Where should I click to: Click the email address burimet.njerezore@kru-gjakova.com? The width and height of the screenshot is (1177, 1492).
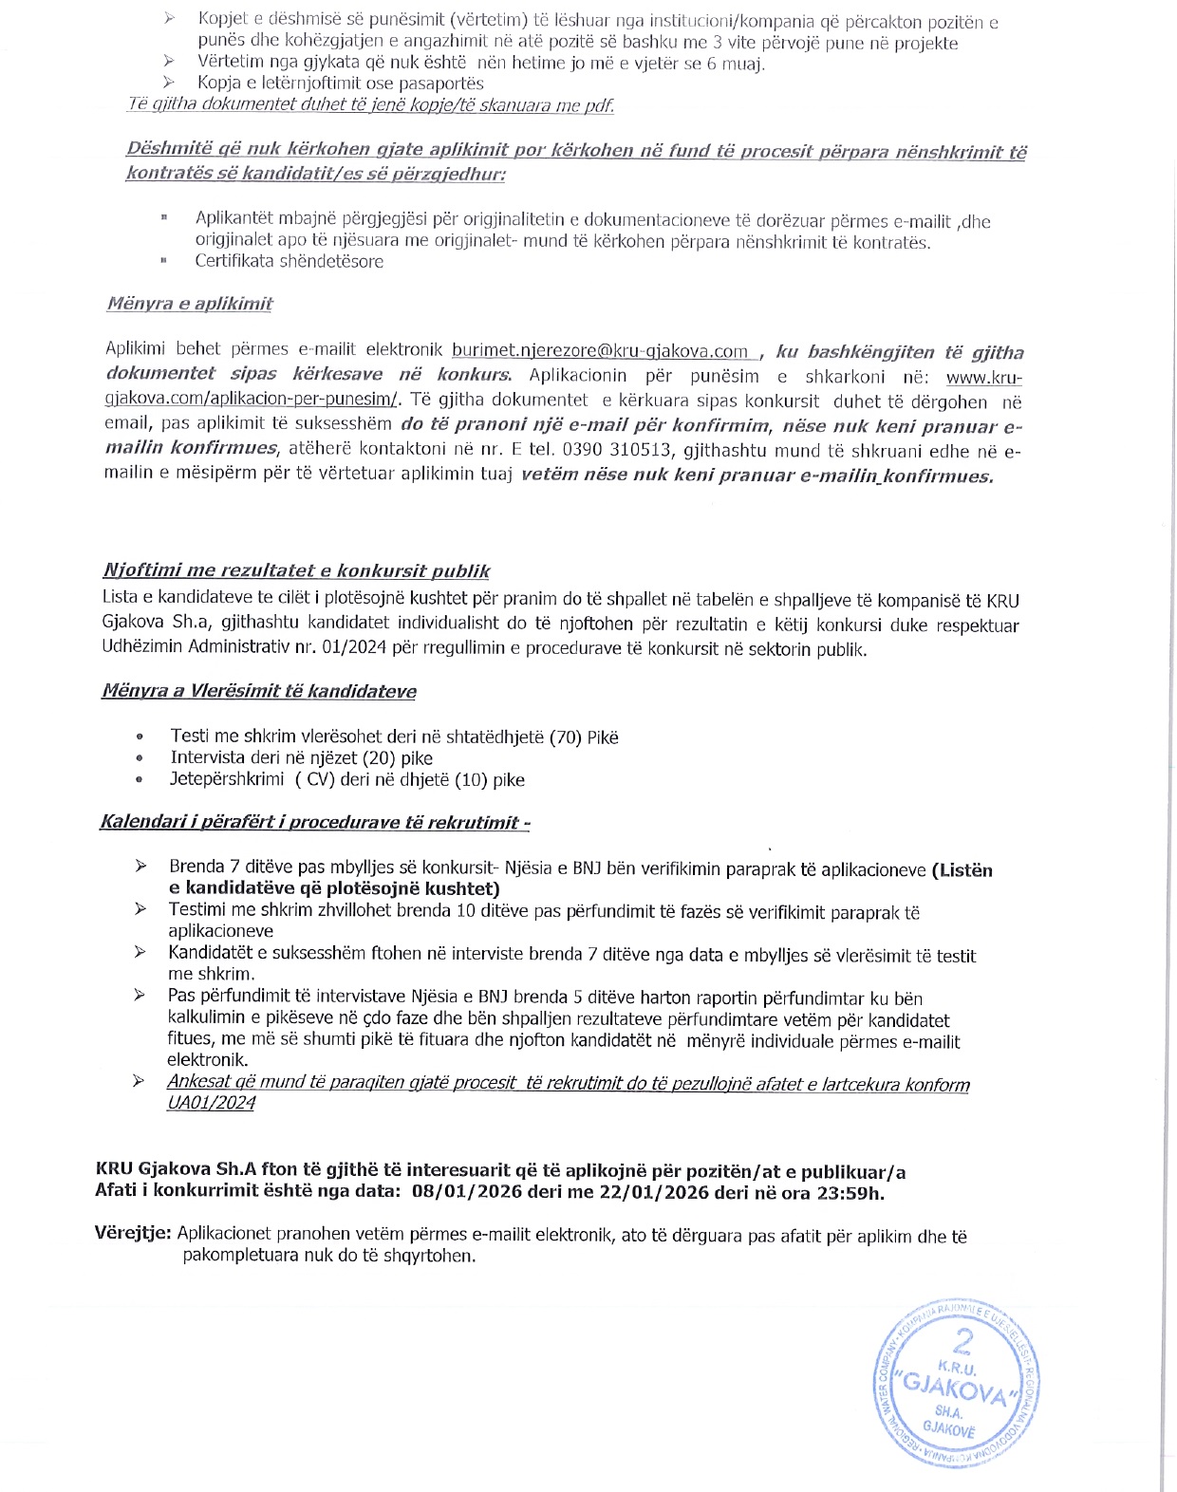click(600, 351)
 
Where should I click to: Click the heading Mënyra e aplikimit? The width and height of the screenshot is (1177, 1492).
click(190, 304)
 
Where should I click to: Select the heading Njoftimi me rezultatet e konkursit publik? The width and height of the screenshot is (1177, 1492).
click(296, 571)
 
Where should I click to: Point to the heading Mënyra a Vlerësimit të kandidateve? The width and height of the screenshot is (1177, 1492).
click(259, 691)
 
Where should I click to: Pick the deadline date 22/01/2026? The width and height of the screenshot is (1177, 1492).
click(654, 1193)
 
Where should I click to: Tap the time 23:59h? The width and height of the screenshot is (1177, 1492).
click(850, 1193)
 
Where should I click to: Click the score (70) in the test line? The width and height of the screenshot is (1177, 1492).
click(566, 737)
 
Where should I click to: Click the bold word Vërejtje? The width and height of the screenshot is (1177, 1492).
click(133, 1235)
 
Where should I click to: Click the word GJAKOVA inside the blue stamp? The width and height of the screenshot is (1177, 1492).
click(957, 1391)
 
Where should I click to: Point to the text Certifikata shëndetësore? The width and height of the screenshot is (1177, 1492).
click(290, 261)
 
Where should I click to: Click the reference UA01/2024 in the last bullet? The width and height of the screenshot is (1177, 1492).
click(211, 1103)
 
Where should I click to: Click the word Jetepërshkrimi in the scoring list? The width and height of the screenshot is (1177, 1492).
click(227, 779)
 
